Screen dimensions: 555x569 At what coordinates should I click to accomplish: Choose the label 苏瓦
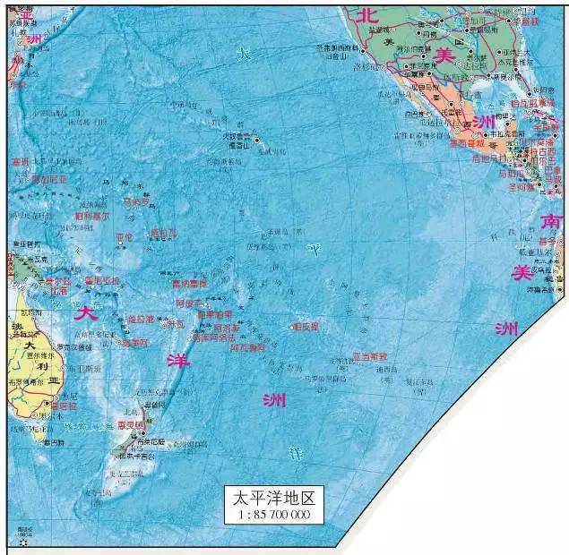176,324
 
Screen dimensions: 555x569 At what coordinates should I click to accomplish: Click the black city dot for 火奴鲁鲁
256,140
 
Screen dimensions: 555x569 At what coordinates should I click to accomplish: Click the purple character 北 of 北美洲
366,13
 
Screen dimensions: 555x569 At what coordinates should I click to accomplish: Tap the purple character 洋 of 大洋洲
177,359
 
